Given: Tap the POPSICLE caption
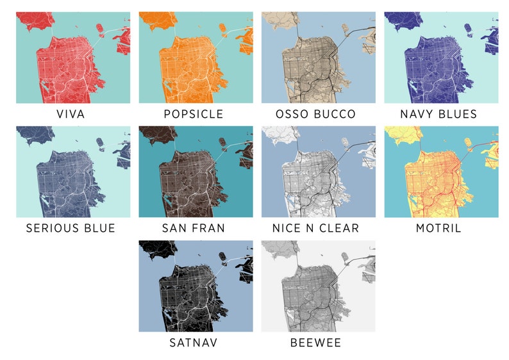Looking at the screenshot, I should pos(194,114).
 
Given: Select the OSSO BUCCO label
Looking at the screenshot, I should pos(315,114).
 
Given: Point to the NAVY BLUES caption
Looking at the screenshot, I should pos(438,114).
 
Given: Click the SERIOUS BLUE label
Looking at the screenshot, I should pos(71,228).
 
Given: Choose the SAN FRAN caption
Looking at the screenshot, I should pos(194,228).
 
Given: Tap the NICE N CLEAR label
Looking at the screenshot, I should pos(315,228).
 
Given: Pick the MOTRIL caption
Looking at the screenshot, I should pos(438,228).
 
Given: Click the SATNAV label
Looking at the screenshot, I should pos(194,343).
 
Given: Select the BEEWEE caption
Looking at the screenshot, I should pos(315,343).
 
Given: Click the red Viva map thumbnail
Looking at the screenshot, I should pos(73,58).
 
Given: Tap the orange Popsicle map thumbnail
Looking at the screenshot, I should pos(196,58).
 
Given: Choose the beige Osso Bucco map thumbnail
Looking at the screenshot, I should pos(318,58).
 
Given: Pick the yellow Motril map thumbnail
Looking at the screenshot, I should pos(441,172).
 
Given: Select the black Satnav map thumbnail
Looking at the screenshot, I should pos(196,286).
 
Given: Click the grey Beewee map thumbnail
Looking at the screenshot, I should pos(318,286).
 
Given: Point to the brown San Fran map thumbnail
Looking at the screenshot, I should pos(196,172).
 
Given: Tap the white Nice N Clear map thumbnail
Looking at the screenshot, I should pos(318,172).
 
